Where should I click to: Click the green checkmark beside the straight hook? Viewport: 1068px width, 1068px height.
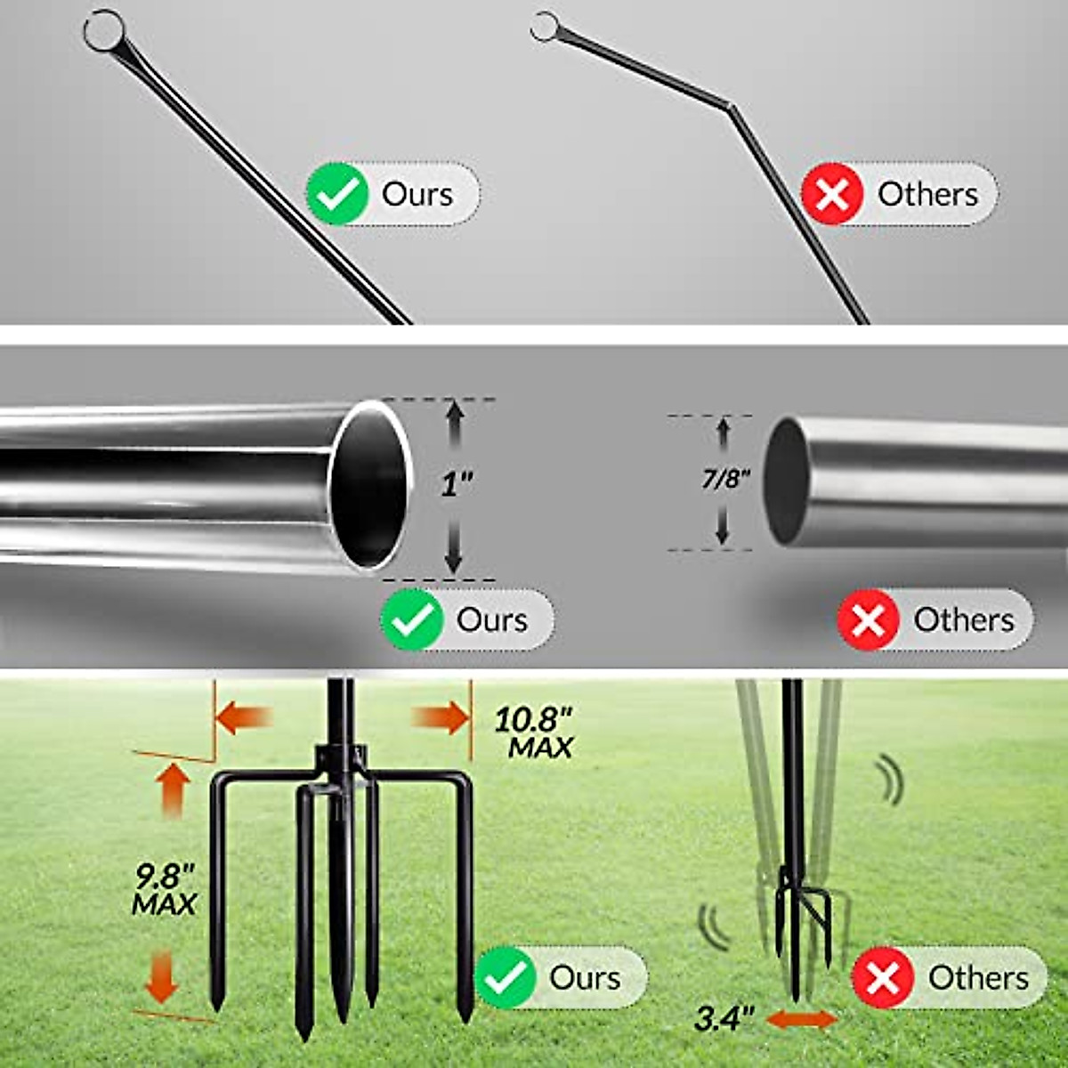pos(337,193)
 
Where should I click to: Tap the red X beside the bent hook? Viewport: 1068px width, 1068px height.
pos(832,193)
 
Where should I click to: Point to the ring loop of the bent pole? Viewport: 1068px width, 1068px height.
pos(545,27)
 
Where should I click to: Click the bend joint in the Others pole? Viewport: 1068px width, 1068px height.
pos(732,107)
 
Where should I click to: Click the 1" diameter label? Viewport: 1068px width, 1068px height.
pos(457,485)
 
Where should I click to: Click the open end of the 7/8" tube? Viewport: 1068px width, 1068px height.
pos(786,481)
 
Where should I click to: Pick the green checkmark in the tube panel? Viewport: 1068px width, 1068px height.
pos(412,619)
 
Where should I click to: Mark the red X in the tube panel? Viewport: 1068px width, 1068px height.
pos(868,619)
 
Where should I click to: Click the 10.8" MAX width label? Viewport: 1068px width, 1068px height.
pos(534,732)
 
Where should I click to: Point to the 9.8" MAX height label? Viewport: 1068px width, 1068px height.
pos(164,890)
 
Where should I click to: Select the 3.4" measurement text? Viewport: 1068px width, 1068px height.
pos(724,1018)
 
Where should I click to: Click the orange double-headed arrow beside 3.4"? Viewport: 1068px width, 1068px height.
pos(801,1019)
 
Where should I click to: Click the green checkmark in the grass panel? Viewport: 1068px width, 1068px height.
pos(506,977)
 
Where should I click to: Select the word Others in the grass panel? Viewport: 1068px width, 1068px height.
pos(978,977)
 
